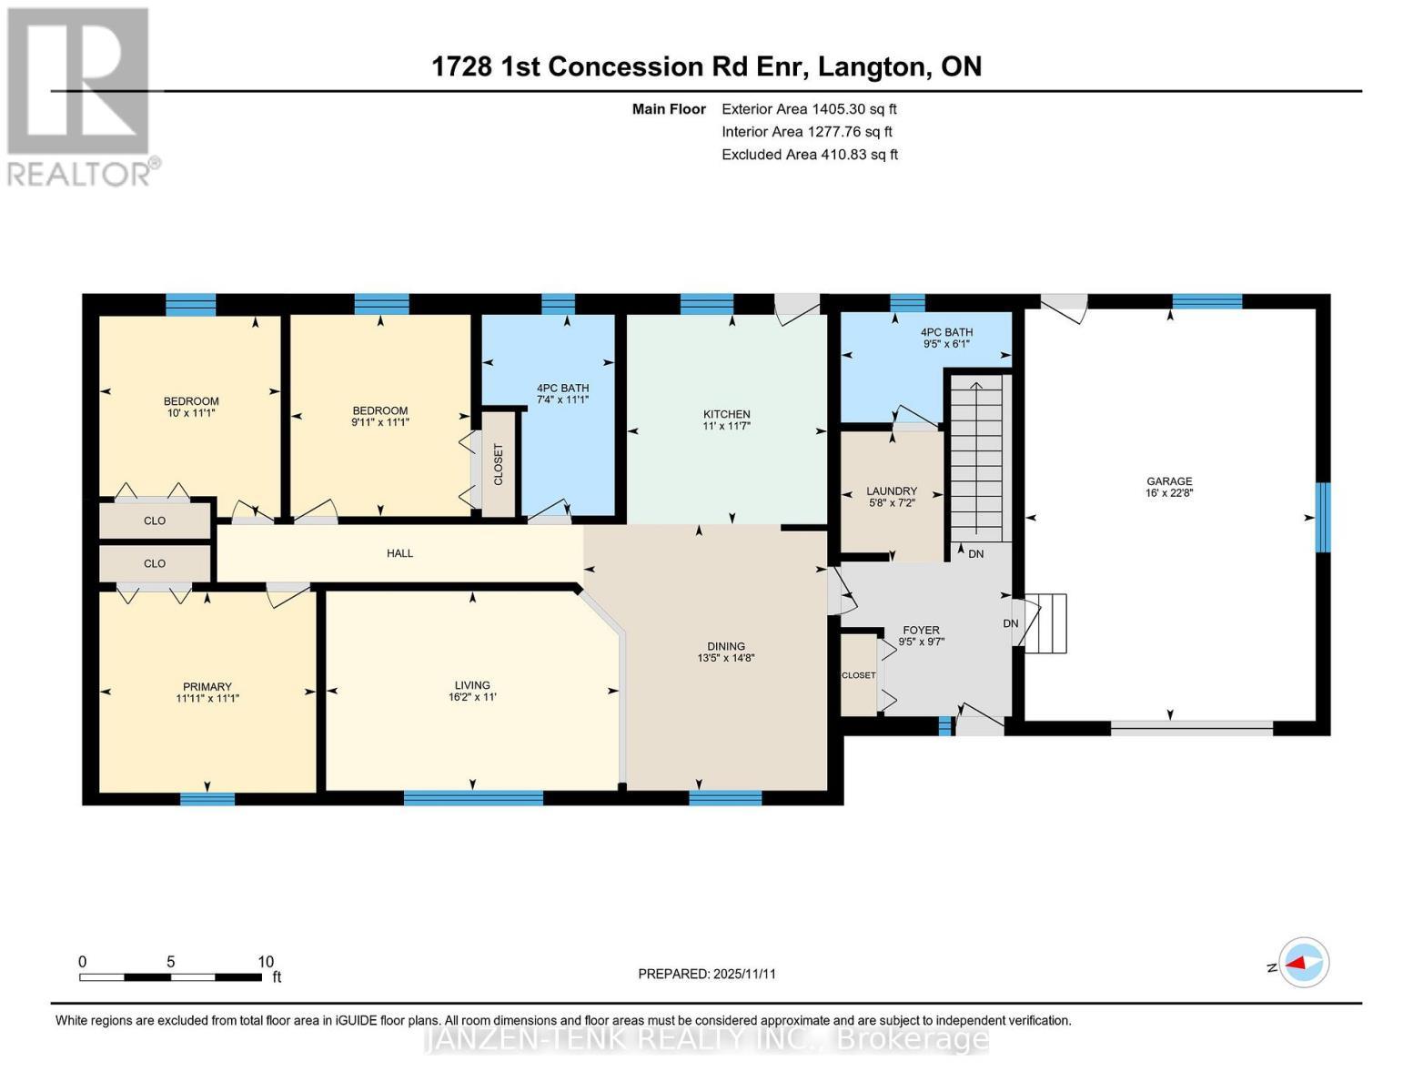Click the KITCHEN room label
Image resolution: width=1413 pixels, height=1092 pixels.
click(726, 414)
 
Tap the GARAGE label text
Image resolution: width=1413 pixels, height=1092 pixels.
click(1169, 481)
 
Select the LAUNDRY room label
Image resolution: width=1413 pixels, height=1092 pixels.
click(891, 491)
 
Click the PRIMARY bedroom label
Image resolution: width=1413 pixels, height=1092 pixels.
click(207, 687)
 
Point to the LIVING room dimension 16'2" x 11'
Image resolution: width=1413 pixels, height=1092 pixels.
click(472, 698)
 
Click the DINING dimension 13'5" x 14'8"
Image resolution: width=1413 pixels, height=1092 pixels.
click(726, 658)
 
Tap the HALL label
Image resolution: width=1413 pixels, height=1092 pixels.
click(399, 553)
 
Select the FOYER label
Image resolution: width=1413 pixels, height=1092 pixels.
click(921, 630)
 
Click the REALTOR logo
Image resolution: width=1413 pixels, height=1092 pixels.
click(80, 96)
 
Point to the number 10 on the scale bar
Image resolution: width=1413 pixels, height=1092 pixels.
click(266, 962)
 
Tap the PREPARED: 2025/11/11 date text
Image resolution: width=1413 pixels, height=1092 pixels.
click(707, 974)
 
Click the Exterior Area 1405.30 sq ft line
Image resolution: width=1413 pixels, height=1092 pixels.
click(809, 109)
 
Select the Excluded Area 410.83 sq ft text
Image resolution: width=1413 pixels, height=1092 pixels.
click(810, 155)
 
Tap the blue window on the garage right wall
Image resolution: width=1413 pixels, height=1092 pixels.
click(1323, 517)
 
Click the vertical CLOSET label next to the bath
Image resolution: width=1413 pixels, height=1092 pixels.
click(498, 464)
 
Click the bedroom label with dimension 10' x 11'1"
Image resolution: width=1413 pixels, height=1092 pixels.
click(191, 407)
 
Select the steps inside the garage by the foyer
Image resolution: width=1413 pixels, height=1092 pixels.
click(1046, 623)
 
